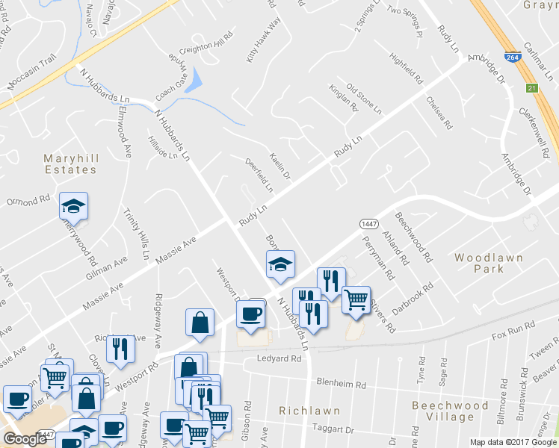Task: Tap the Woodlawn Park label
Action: (x=489, y=264)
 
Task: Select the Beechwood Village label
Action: (x=449, y=411)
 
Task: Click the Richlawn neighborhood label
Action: (x=309, y=411)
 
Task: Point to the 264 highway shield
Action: (x=511, y=56)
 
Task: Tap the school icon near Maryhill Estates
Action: (x=74, y=205)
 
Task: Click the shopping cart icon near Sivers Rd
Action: (x=356, y=300)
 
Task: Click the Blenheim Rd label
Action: (x=341, y=385)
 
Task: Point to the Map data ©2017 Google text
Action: (x=512, y=442)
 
